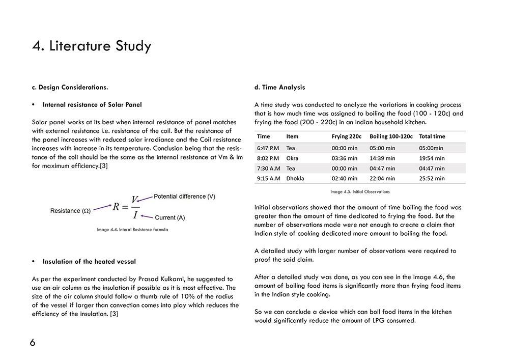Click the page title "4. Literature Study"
point(92,46)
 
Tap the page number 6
point(33,343)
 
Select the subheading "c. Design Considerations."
point(70,87)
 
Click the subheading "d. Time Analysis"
point(279,87)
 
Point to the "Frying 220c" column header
point(347,136)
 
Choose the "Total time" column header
point(432,136)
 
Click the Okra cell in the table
point(292,158)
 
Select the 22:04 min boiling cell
point(382,179)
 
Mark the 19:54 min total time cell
point(432,158)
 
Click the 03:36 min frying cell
point(345,158)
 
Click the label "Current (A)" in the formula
point(169,217)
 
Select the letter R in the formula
point(116,207)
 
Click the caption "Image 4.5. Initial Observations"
point(360,192)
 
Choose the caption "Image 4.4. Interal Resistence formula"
point(132,230)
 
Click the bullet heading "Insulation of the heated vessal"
point(89,262)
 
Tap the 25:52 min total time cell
point(432,179)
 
